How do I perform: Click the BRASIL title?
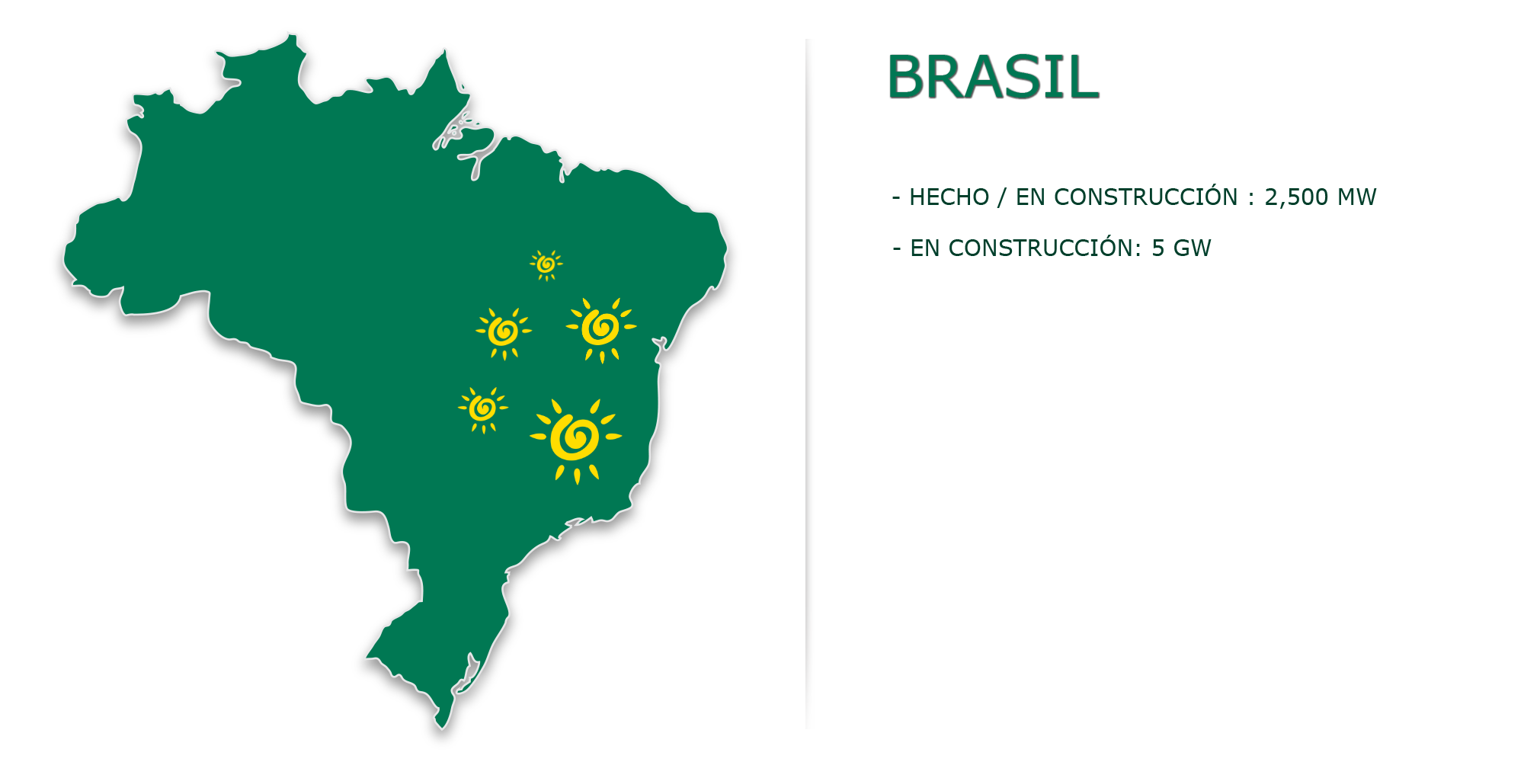pyautogui.click(x=993, y=77)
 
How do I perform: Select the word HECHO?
pyautogui.click(x=949, y=197)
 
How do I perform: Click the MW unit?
pyautogui.click(x=1357, y=197)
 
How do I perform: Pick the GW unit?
pyautogui.click(x=1192, y=248)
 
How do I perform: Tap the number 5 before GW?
pyautogui.click(x=1157, y=248)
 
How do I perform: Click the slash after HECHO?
pyautogui.click(x=1002, y=197)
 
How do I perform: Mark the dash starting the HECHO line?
pyautogui.click(x=896, y=198)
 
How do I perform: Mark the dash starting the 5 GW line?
pyautogui.click(x=897, y=249)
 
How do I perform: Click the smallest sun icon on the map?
pyautogui.click(x=546, y=264)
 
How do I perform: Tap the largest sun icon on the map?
pyautogui.click(x=576, y=440)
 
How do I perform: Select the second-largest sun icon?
pyautogui.click(x=601, y=329)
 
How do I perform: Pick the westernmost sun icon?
pyautogui.click(x=482, y=409)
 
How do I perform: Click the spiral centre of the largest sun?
pyautogui.click(x=576, y=437)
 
